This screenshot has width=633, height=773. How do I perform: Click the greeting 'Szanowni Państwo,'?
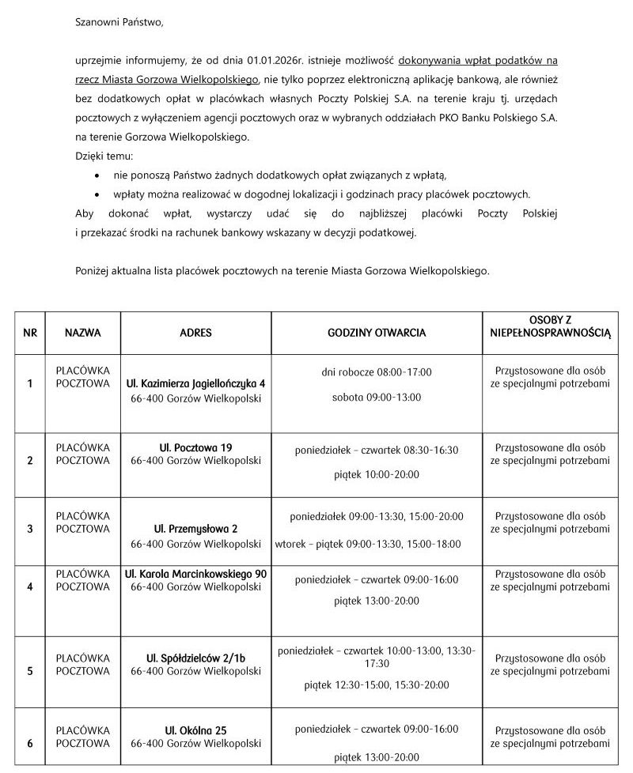pyautogui.click(x=119, y=22)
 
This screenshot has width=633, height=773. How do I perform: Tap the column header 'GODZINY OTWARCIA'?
pyautogui.click(x=377, y=333)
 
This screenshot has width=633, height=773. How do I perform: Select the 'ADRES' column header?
pyautogui.click(x=195, y=333)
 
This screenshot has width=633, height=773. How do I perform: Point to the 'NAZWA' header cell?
pyautogui.click(x=83, y=333)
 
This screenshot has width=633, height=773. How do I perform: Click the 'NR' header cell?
pyautogui.click(x=30, y=333)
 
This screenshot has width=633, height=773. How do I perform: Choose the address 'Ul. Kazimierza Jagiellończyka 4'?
pyautogui.click(x=195, y=383)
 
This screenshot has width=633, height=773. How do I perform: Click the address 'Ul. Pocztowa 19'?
pyautogui.click(x=195, y=448)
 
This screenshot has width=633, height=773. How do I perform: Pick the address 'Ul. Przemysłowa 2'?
pyautogui.click(x=195, y=528)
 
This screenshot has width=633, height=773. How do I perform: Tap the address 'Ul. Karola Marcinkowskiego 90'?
pyautogui.click(x=195, y=573)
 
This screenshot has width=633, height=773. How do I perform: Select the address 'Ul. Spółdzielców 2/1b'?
pyautogui.click(x=195, y=658)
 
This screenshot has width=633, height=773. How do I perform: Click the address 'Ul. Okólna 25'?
pyautogui.click(x=195, y=730)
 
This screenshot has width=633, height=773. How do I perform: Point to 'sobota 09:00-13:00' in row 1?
pyautogui.click(x=377, y=398)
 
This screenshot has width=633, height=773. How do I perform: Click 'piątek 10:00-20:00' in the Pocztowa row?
pyautogui.click(x=377, y=475)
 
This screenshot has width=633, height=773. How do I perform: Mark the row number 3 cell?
pyautogui.click(x=30, y=529)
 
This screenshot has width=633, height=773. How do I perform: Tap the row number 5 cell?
pyautogui.click(x=30, y=671)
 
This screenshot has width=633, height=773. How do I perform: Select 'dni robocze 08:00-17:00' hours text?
pyautogui.click(x=377, y=372)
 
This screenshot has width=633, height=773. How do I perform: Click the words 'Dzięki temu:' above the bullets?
pyautogui.click(x=104, y=156)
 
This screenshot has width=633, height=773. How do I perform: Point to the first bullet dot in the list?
pyautogui.click(x=97, y=175)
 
